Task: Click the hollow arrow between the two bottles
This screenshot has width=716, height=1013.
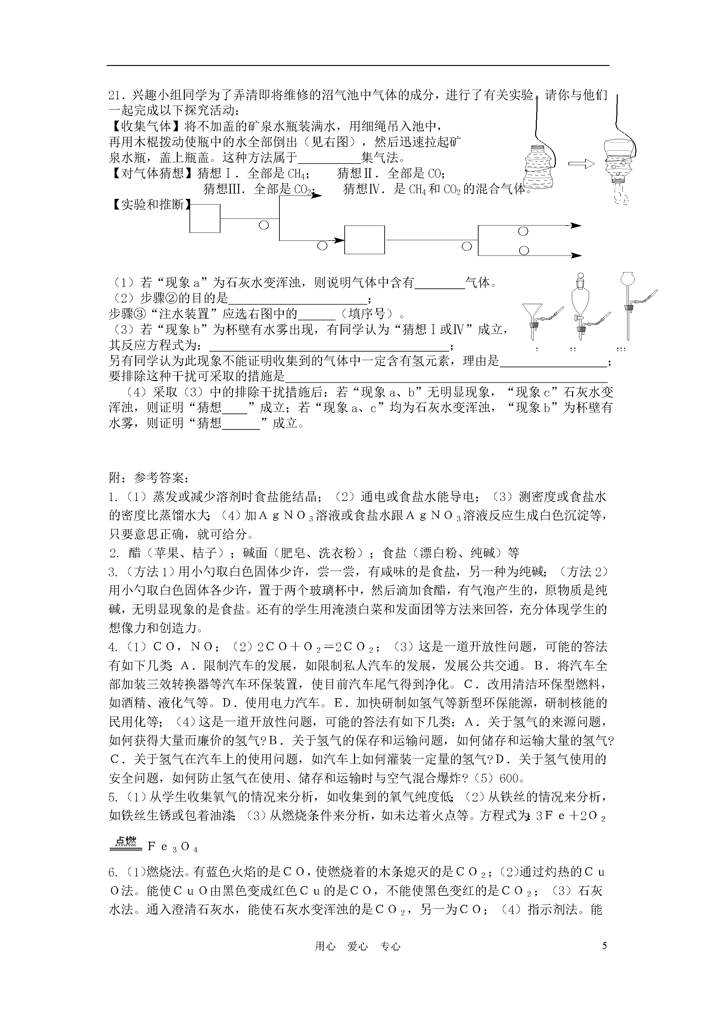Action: [581, 164]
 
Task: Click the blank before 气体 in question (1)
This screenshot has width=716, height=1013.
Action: [440, 282]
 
